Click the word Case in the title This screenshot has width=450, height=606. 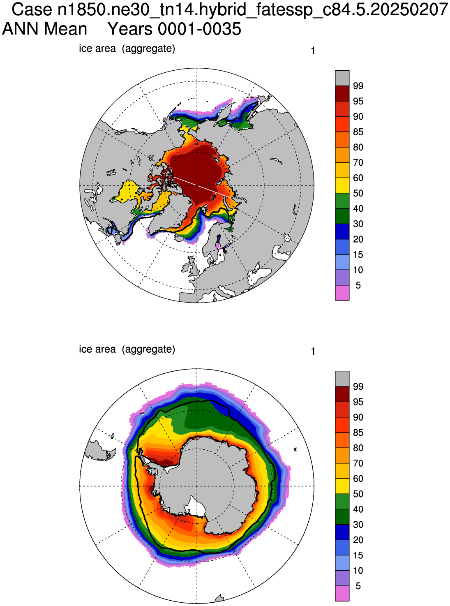(x=32, y=9)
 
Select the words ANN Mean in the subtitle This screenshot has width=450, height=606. (x=44, y=29)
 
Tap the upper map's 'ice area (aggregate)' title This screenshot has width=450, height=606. (x=127, y=49)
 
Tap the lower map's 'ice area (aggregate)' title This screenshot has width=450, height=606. (x=127, y=349)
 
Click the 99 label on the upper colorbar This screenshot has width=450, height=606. (x=358, y=86)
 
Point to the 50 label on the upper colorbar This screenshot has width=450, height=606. (x=358, y=194)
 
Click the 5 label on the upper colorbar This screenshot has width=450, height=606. (x=358, y=285)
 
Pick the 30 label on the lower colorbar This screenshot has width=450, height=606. (x=358, y=525)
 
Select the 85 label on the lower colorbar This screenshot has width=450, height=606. (x=358, y=433)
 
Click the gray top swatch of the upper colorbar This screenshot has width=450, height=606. (x=342, y=78)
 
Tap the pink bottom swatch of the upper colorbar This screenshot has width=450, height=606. (x=342, y=293)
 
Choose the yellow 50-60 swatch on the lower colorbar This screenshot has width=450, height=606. (x=342, y=486)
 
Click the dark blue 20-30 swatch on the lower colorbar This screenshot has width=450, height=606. (x=342, y=532)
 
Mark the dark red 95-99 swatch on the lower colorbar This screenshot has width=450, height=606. (x=342, y=394)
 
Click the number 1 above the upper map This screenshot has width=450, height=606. (x=313, y=51)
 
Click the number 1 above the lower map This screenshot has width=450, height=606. (x=313, y=352)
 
